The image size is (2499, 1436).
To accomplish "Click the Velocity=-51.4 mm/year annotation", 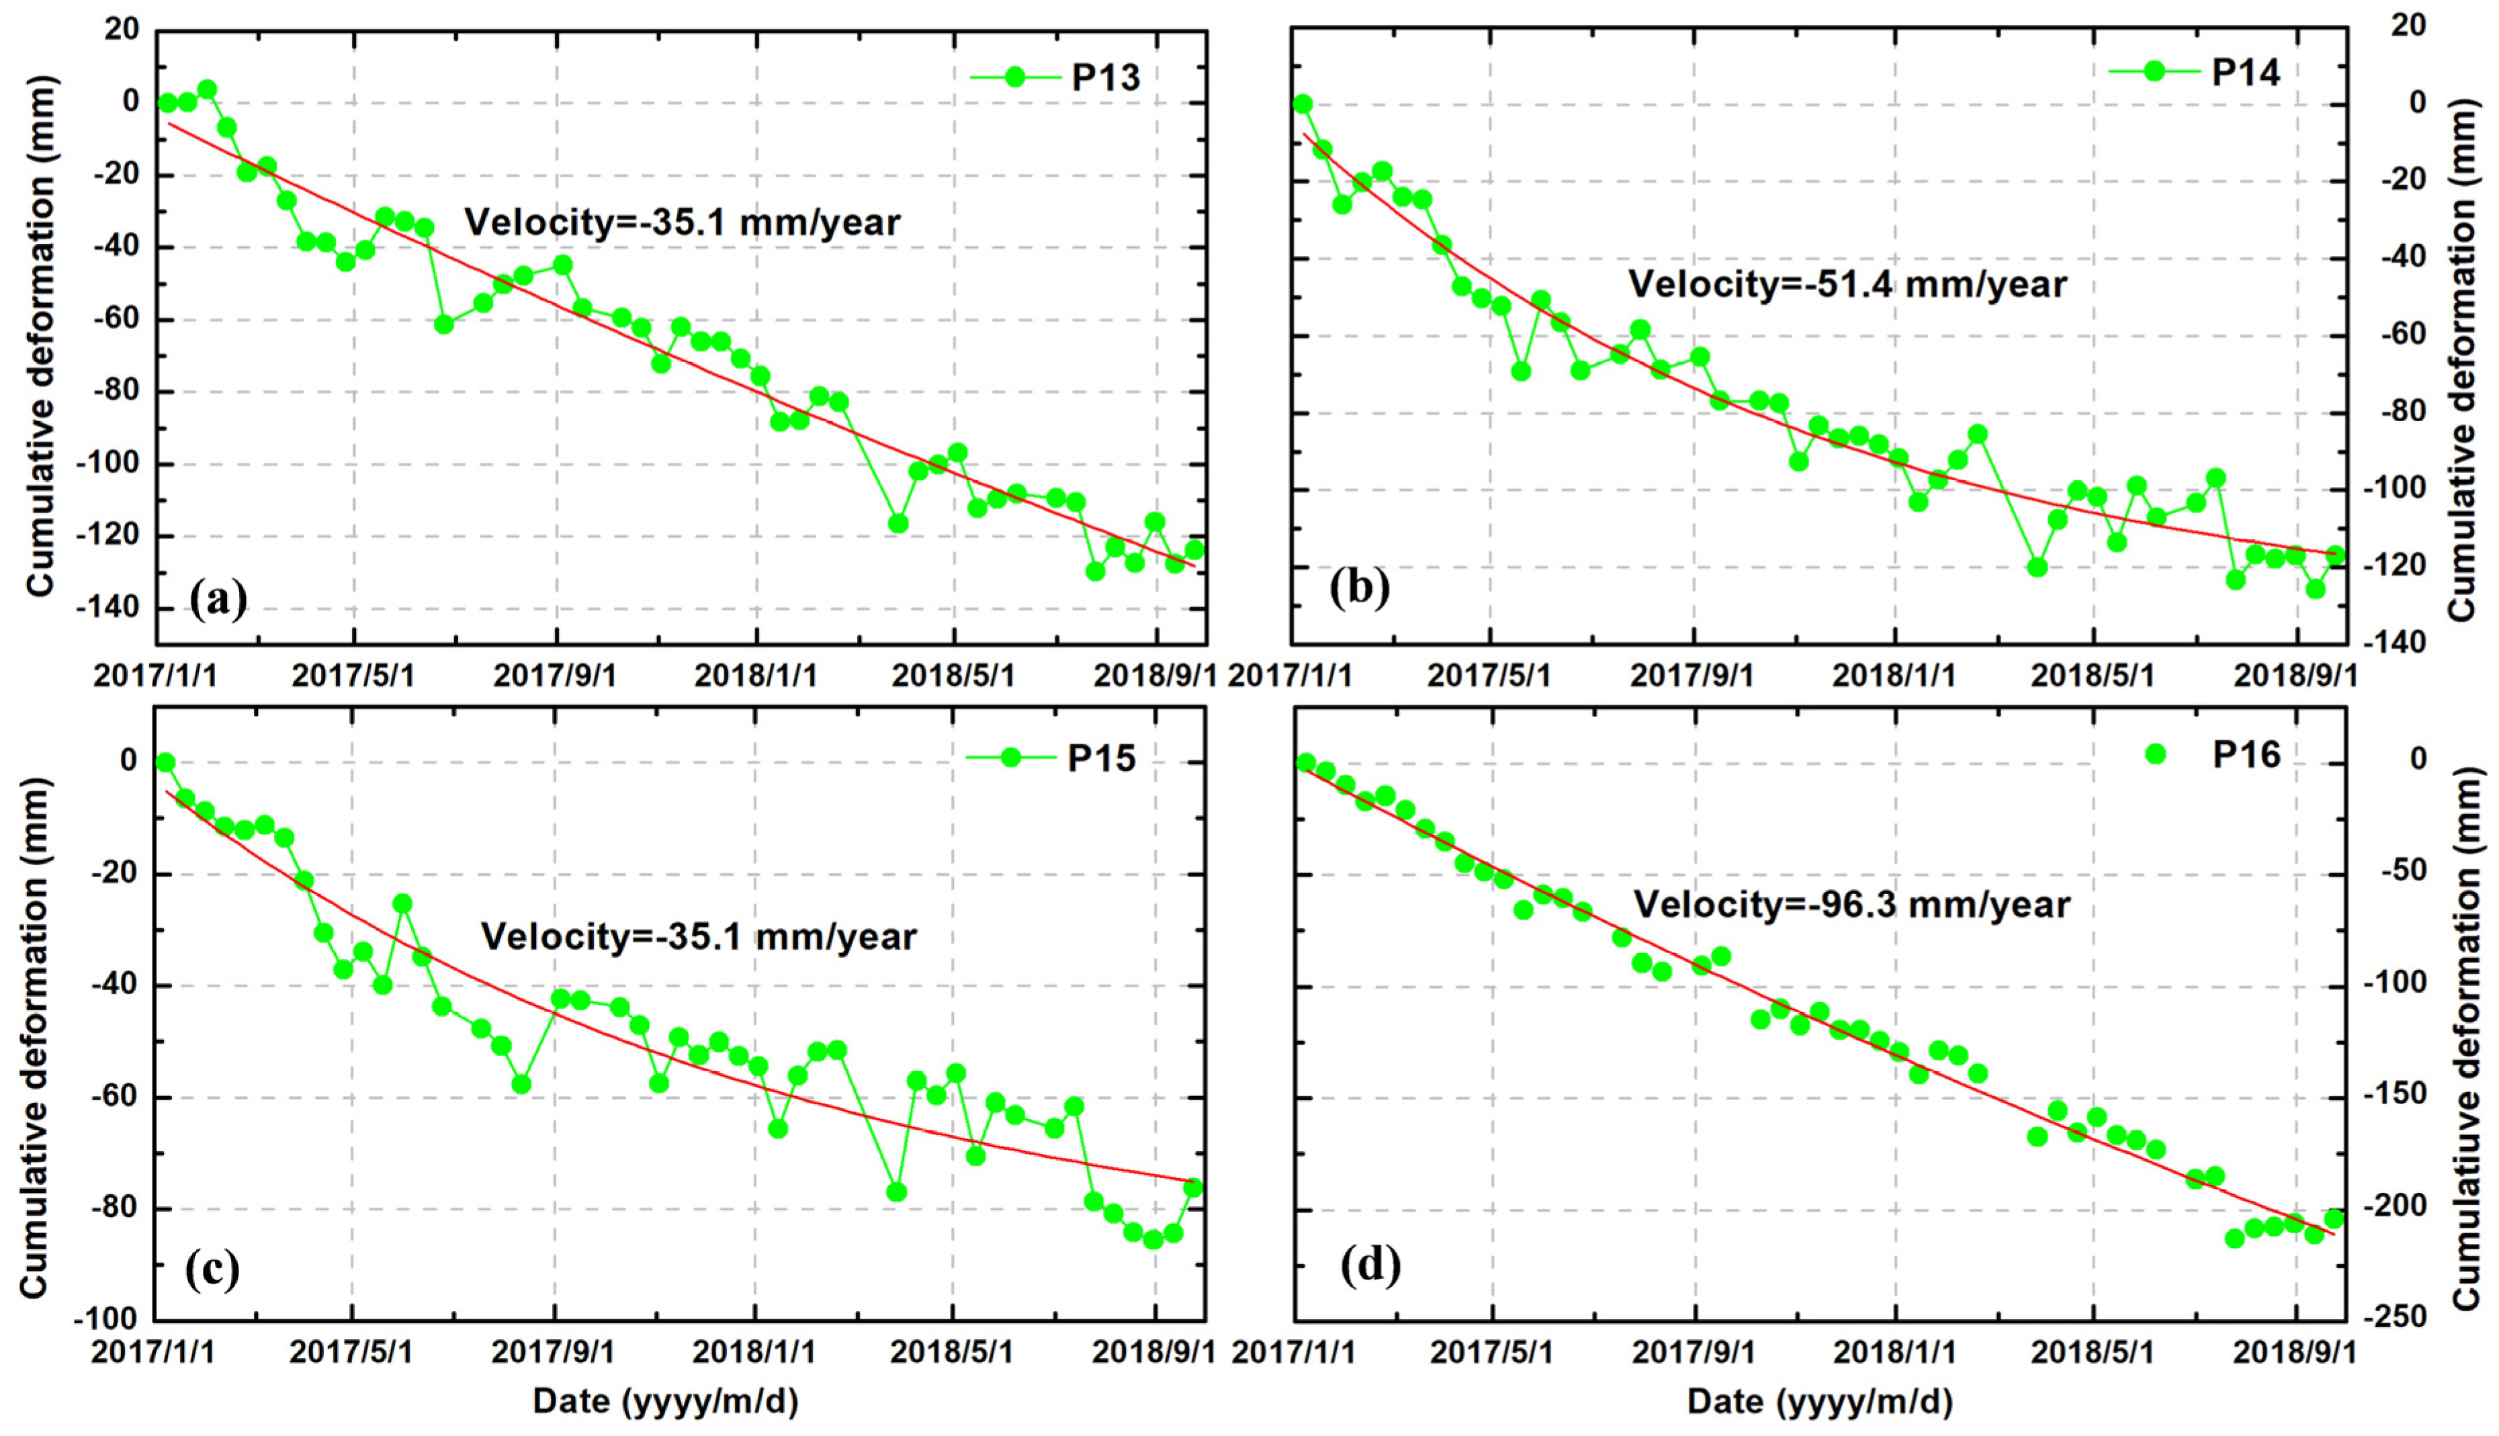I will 1847,285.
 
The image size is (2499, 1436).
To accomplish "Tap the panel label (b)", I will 1359,588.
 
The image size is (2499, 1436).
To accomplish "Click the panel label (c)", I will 212,1270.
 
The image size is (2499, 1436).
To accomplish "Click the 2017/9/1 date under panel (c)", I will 554,1351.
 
